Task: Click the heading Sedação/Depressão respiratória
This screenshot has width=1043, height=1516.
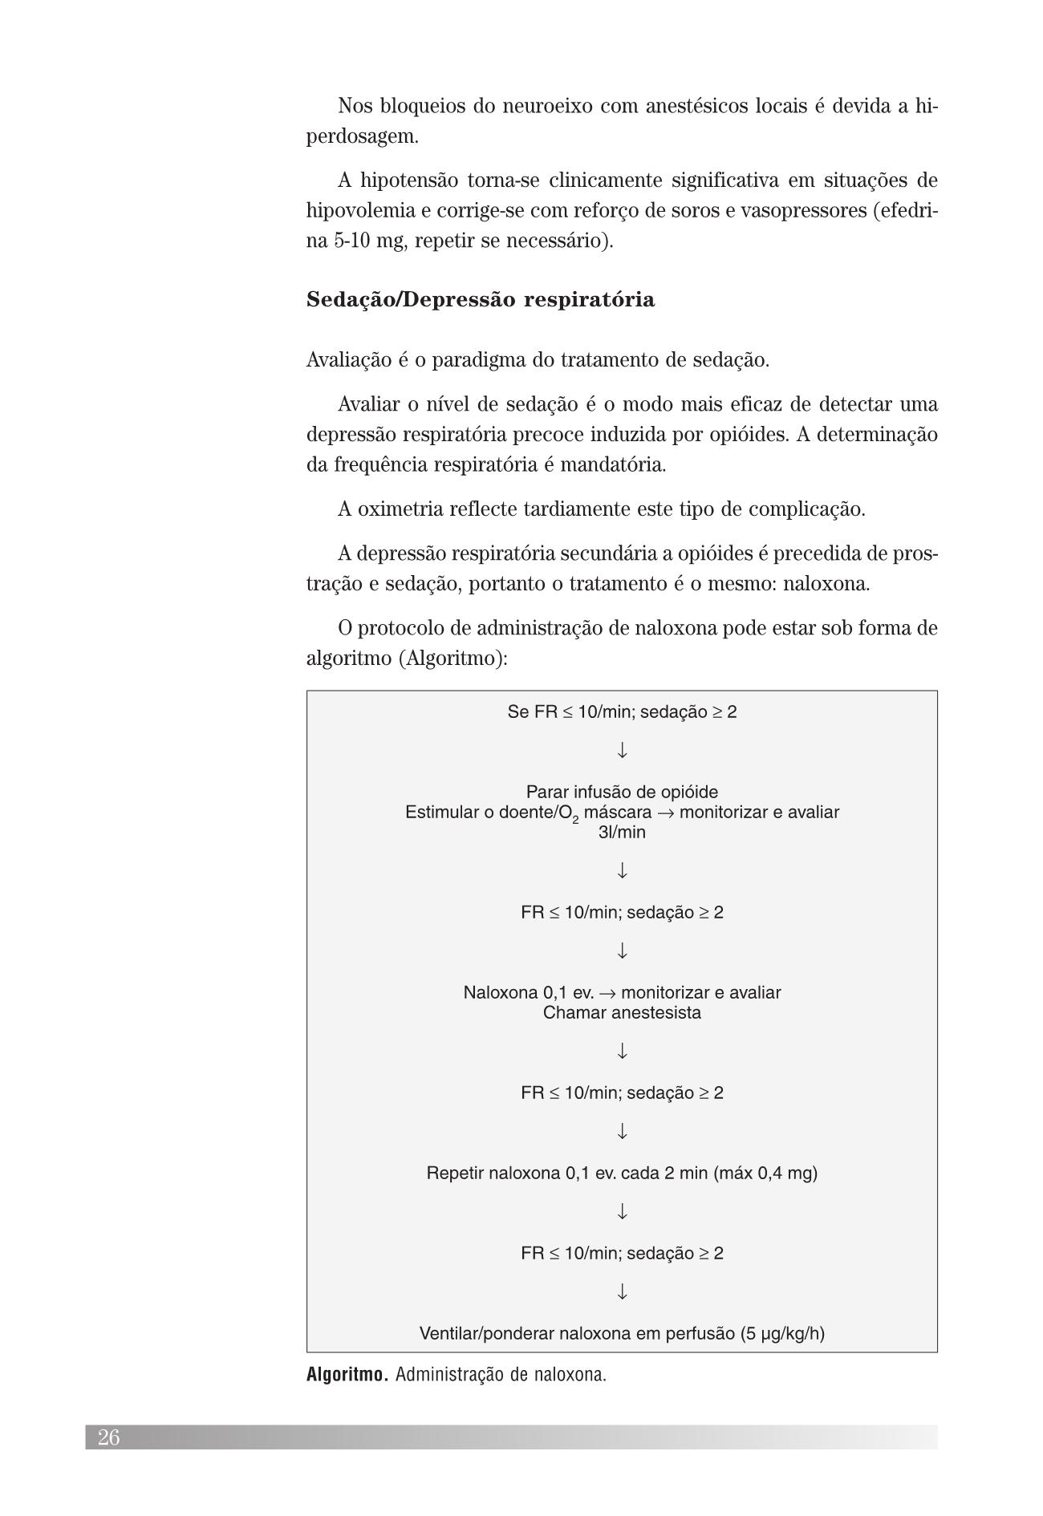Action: pyautogui.click(x=480, y=300)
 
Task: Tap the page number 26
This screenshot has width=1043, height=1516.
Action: pyautogui.click(x=108, y=1437)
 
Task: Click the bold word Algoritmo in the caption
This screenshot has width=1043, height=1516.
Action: pyautogui.click(x=347, y=1374)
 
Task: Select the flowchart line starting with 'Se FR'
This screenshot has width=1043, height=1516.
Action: pyautogui.click(x=622, y=711)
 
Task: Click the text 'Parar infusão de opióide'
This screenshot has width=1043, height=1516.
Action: pyautogui.click(x=622, y=792)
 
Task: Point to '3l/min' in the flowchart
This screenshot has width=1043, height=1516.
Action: pyautogui.click(x=622, y=832)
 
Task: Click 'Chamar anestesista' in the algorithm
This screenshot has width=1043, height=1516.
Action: pyautogui.click(x=622, y=1012)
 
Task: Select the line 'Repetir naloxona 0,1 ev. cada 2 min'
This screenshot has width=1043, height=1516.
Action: pyautogui.click(x=622, y=1173)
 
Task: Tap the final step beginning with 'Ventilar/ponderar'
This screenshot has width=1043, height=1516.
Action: pyautogui.click(x=622, y=1333)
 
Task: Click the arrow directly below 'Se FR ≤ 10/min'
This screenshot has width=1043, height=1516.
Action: pyautogui.click(x=622, y=751)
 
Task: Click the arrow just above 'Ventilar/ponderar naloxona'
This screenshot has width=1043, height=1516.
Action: pyautogui.click(x=622, y=1292)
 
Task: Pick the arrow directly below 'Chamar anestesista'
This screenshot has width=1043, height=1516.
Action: pyautogui.click(x=622, y=1051)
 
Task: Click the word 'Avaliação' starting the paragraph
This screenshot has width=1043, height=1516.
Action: pyautogui.click(x=348, y=360)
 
